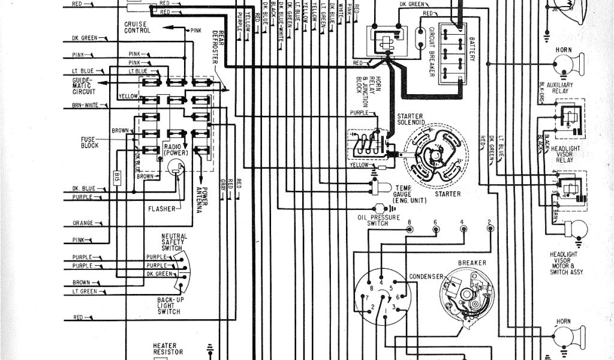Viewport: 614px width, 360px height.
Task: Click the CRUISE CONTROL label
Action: pos(137,26)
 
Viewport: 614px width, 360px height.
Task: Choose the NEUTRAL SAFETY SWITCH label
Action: pos(174,242)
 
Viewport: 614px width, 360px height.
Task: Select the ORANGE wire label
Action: pos(83,223)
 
